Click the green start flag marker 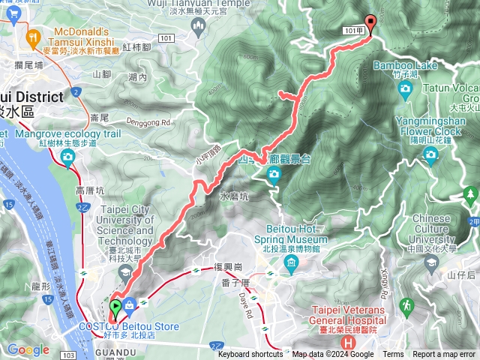[115, 307]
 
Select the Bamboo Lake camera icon [406, 89]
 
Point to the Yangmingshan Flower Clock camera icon [430, 154]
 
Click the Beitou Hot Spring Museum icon [290, 262]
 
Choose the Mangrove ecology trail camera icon [68, 156]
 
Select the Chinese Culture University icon [430, 262]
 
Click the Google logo [28, 349]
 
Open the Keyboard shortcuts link [250, 355]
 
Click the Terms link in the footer [392, 355]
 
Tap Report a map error [443, 355]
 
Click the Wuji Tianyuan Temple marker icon [199, 27]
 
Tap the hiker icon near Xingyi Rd [406, 306]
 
